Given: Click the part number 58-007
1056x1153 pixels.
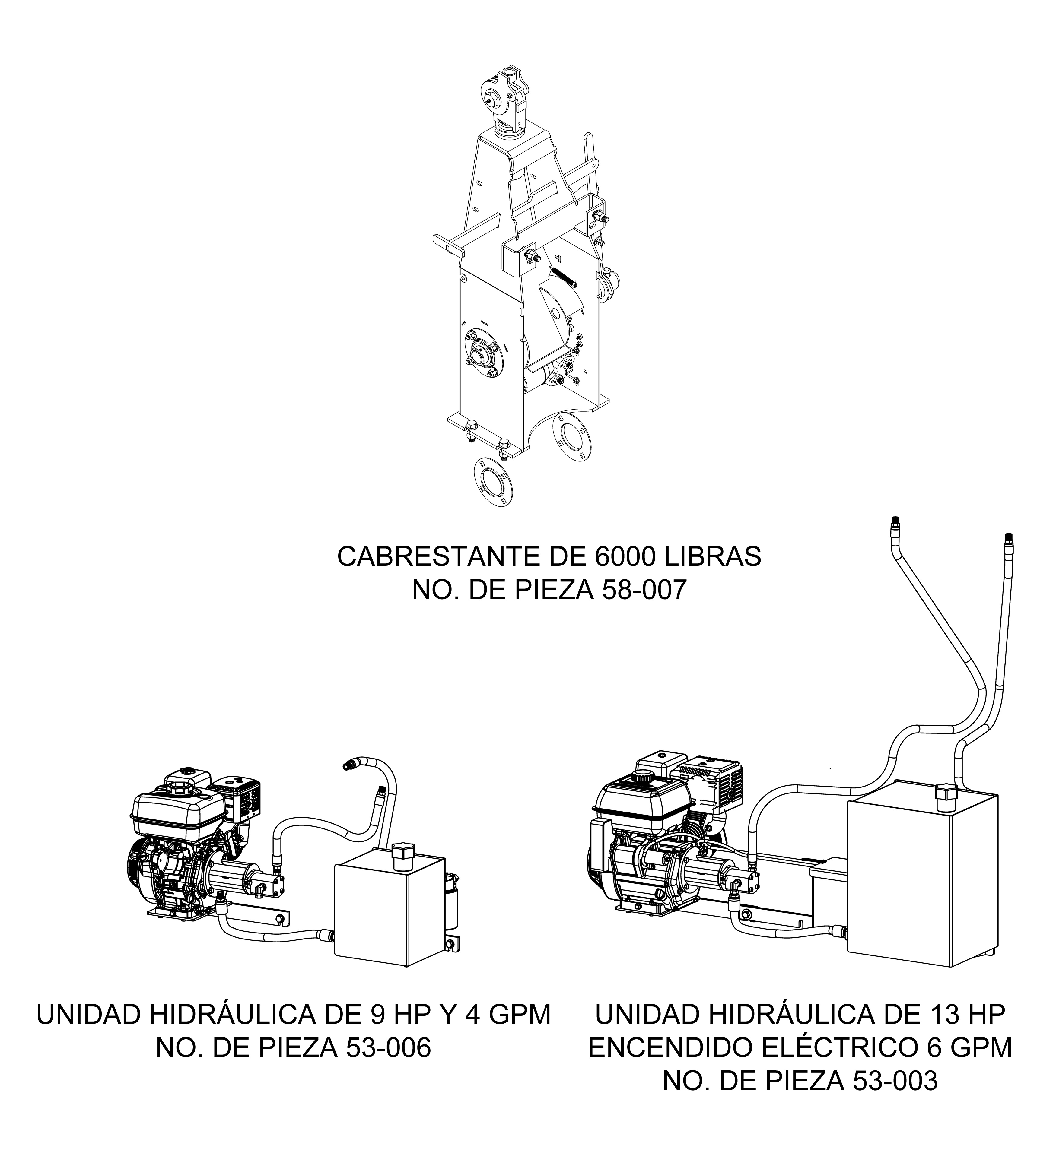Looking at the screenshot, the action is click(x=644, y=591).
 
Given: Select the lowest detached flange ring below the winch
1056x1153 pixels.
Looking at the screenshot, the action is click(x=492, y=482).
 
